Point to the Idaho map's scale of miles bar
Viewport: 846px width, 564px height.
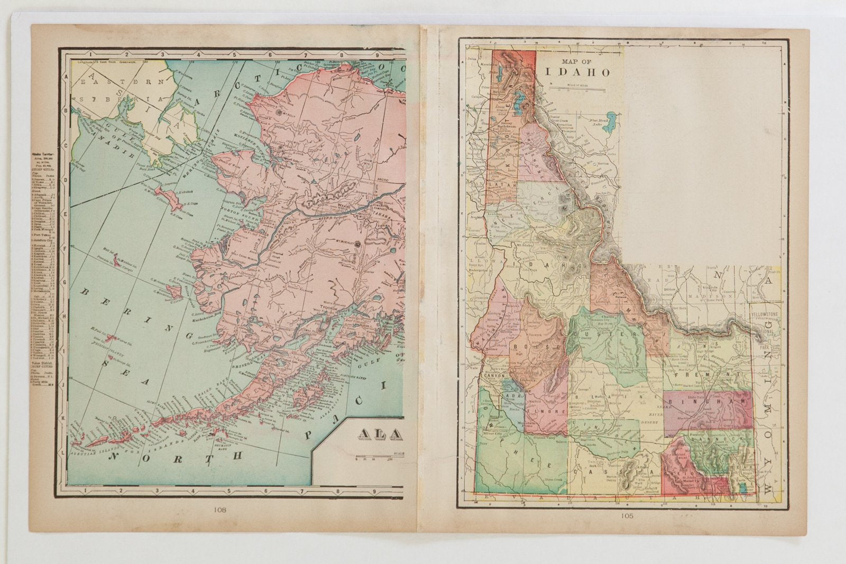click(578, 89)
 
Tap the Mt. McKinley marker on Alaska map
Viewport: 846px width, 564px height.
click(358, 244)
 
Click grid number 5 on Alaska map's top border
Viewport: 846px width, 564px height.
click(234, 53)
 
